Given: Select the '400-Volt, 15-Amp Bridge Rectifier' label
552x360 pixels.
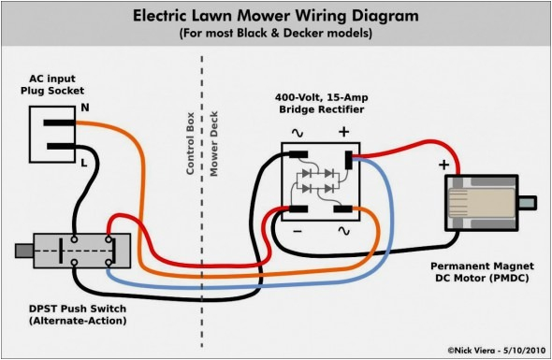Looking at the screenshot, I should pos(319,104).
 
